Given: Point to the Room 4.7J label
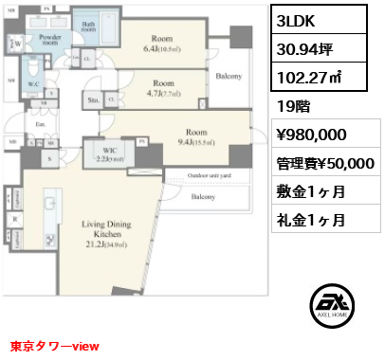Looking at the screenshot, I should click(164, 88).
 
